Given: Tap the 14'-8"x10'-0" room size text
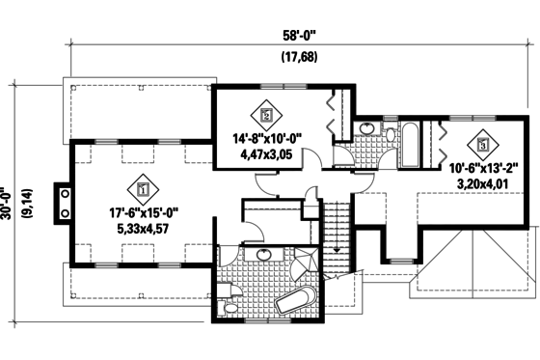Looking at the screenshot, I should (267, 138).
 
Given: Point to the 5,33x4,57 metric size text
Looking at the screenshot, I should (143, 231).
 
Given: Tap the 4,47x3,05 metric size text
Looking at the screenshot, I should (267, 152).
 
